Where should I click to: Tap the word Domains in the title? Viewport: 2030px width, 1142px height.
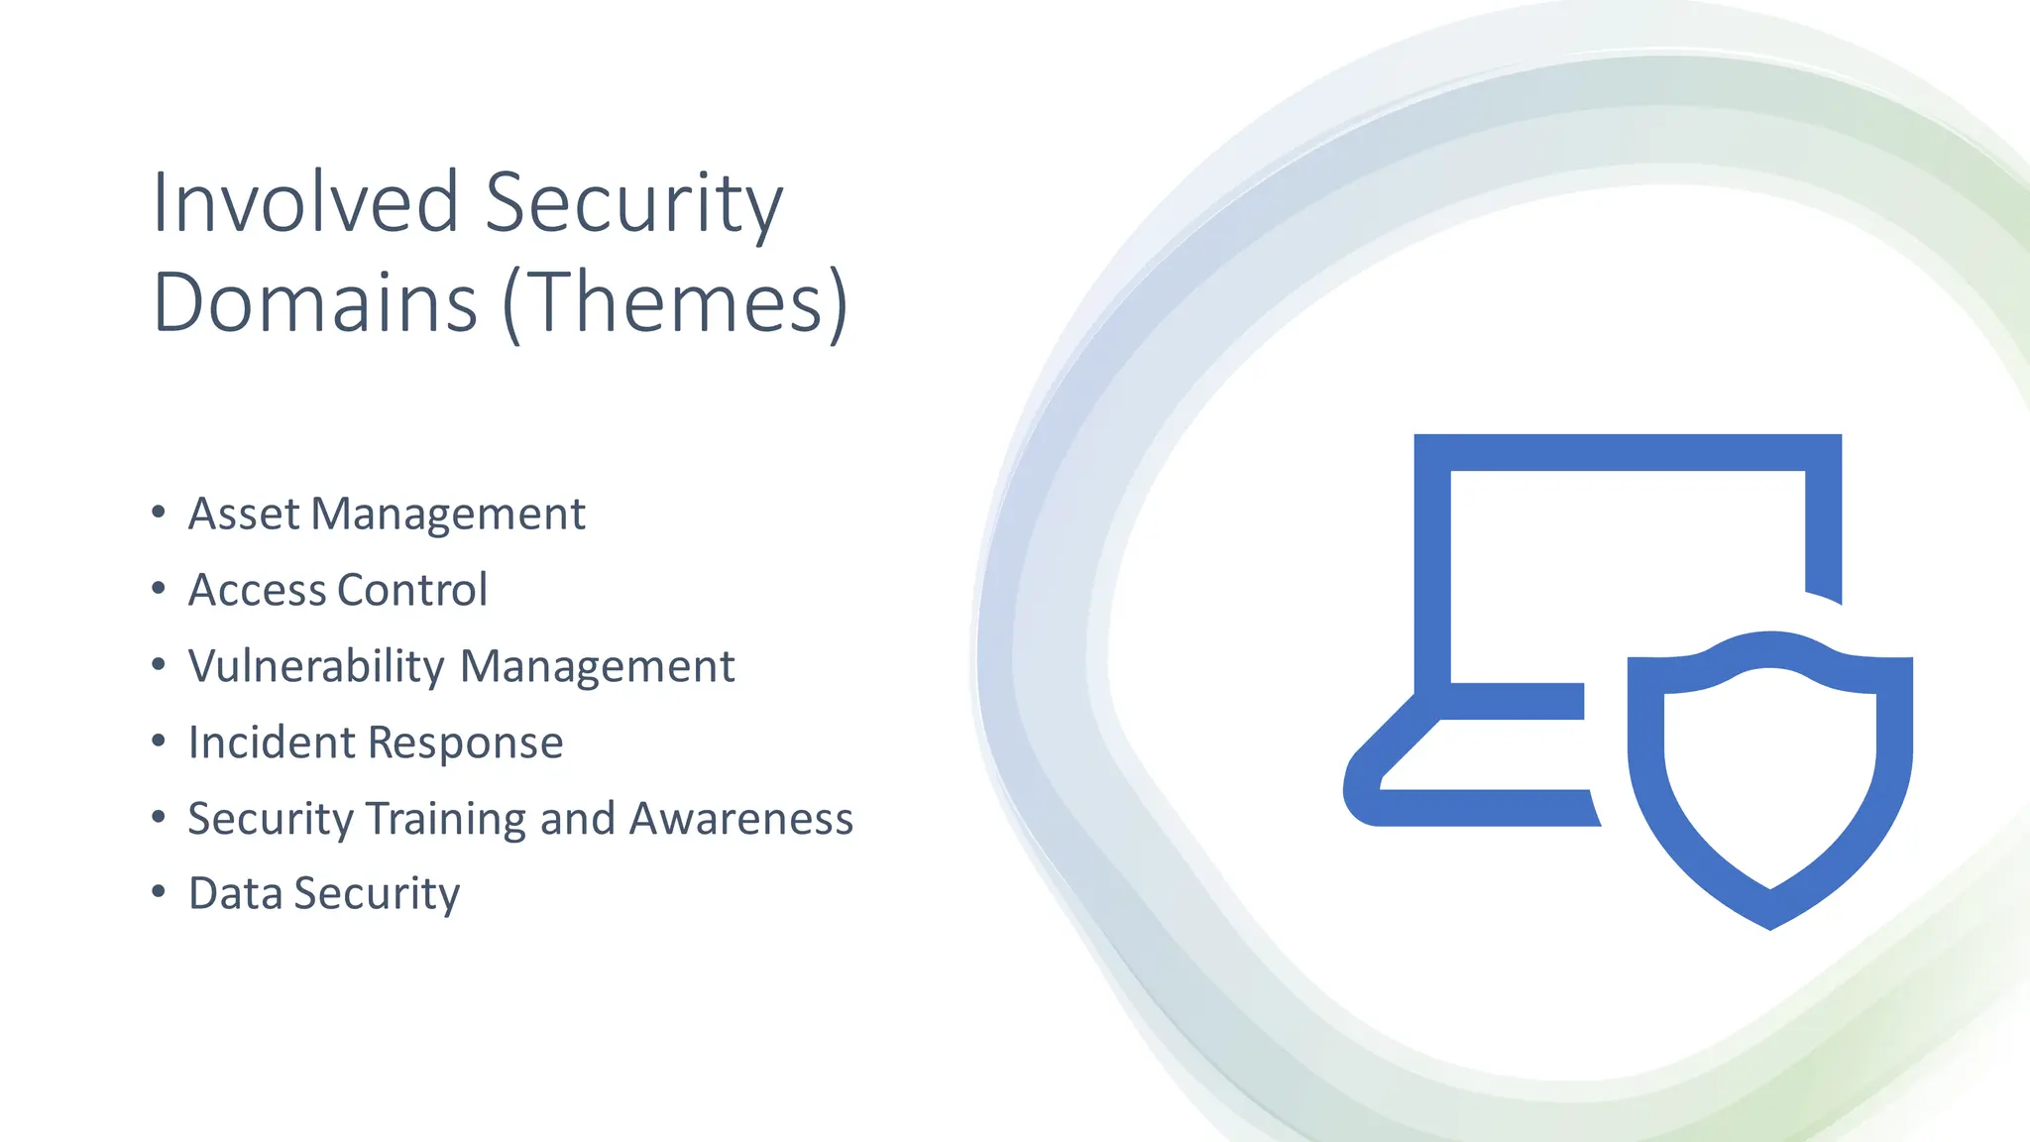coord(315,301)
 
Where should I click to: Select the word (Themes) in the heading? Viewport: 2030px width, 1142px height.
coord(676,301)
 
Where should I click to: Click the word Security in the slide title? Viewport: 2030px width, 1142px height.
coord(633,202)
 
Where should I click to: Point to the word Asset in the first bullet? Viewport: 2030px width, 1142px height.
coord(244,514)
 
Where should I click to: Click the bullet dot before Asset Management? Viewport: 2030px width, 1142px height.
coord(159,513)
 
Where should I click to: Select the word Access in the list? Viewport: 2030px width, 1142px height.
coord(257,590)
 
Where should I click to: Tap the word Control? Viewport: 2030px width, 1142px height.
coord(412,590)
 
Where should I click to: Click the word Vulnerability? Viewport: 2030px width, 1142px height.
coord(316,666)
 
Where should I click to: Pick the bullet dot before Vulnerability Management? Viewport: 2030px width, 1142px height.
coord(159,664)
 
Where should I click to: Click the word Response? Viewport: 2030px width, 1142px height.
coord(468,742)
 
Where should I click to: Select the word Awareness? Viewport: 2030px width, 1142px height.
coord(740,819)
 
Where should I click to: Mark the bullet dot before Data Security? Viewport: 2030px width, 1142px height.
coord(159,892)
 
